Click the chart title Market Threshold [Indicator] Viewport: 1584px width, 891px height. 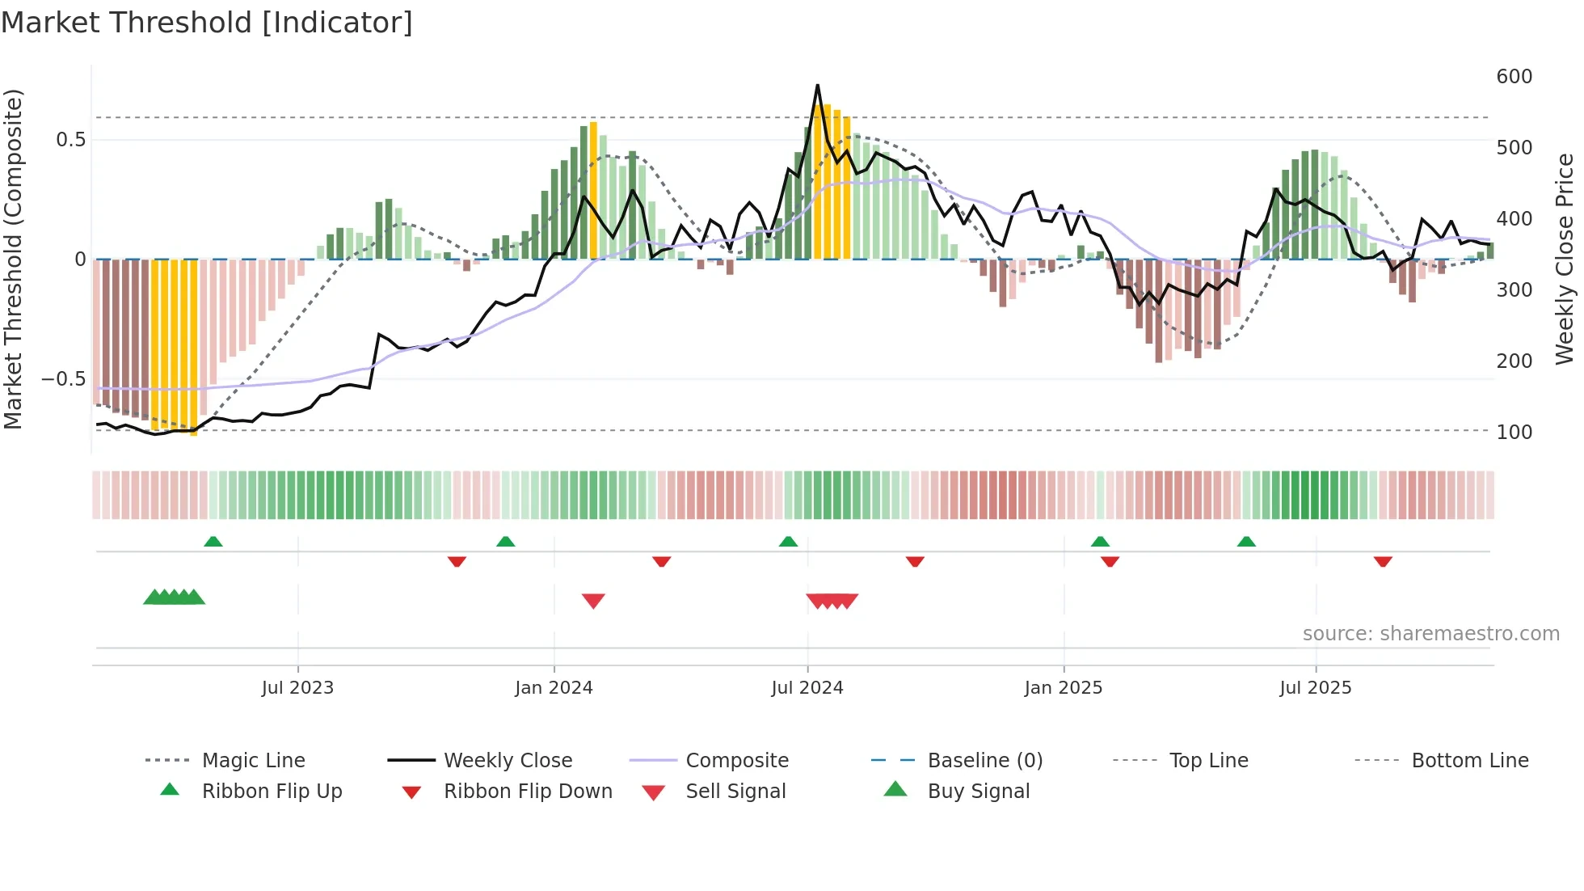pos(207,23)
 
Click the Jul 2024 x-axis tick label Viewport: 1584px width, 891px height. pos(807,688)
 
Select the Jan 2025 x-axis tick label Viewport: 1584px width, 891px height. pos(1063,688)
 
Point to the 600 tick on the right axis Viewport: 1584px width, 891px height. pos(1514,77)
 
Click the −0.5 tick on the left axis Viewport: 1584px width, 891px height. pos(64,379)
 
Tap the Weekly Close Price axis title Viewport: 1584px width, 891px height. pos(1565,259)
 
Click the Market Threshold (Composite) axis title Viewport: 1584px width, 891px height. pos(13,259)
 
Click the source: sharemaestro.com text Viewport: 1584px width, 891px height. pos(1430,634)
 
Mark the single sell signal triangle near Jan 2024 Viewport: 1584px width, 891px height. pos(593,600)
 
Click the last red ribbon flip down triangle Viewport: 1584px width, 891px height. pos(1383,561)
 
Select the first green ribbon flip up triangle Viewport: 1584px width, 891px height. pos(213,542)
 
